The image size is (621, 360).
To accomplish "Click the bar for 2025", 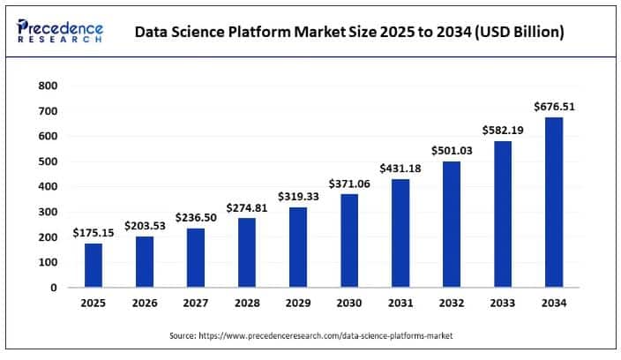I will tap(94, 265).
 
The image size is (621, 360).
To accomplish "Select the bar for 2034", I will tap(554, 202).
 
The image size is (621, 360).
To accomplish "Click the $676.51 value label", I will tap(554, 107).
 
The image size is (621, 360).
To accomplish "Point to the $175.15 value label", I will tap(94, 233).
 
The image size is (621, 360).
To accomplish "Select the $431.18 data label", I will tap(400, 169).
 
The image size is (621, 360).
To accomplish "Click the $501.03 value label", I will tap(452, 151).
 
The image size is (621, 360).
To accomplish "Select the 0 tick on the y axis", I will tap(53, 288).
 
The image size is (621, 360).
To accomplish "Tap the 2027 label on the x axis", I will tap(196, 304).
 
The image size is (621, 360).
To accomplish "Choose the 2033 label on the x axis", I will tap(503, 304).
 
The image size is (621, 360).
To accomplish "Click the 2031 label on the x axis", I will tap(400, 304).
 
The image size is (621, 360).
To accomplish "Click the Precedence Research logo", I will tap(60, 32).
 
